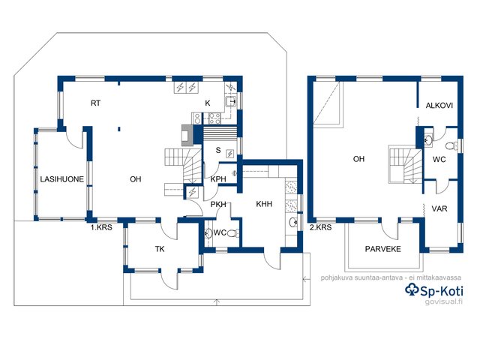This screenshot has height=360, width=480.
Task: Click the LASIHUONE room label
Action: (x=62, y=179)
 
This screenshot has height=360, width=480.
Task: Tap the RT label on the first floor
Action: (x=95, y=103)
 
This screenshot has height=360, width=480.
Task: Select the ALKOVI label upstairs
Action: (x=439, y=106)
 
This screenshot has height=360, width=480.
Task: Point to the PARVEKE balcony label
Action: (x=383, y=249)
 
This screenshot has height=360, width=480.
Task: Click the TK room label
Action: (x=160, y=249)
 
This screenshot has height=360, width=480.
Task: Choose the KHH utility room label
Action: (x=264, y=204)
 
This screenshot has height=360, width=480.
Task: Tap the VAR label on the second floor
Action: (x=439, y=209)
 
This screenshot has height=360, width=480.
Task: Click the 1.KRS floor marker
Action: (x=101, y=227)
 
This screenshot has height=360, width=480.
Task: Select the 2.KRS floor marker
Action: (x=321, y=227)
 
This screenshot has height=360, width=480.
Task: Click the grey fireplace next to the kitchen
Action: (x=187, y=135)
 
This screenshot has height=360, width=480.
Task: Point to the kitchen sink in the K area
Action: (x=231, y=101)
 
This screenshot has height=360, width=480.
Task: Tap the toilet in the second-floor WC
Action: (x=451, y=145)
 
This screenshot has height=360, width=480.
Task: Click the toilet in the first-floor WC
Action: (x=233, y=233)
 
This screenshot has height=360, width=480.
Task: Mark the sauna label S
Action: (x=218, y=150)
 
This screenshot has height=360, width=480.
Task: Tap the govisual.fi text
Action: (x=444, y=301)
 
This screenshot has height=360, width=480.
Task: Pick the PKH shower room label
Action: (x=218, y=204)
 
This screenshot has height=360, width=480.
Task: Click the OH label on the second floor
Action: (x=358, y=159)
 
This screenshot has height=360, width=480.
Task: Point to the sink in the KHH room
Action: (x=292, y=222)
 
